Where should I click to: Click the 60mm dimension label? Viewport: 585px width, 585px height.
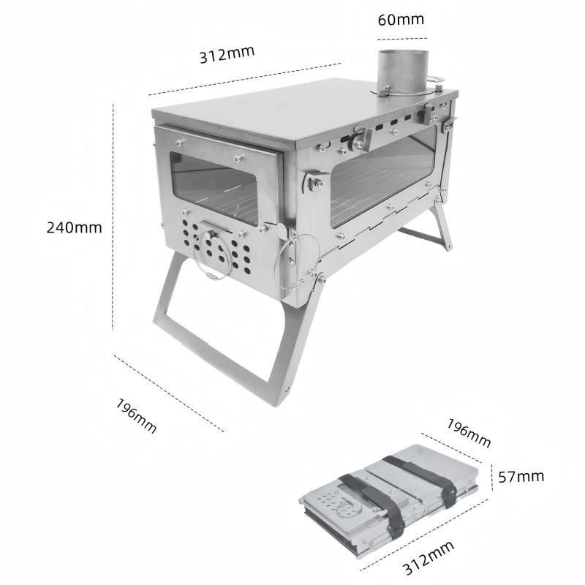click(401, 20)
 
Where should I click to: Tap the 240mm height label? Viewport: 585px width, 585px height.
click(74, 227)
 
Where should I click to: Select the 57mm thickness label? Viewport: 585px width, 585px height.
click(521, 477)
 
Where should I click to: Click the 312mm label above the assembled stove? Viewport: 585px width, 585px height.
click(227, 54)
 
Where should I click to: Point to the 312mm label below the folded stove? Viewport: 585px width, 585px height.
click(429, 558)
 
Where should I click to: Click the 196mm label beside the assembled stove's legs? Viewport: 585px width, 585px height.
click(136, 415)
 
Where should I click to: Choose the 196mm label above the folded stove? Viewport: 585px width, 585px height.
click(469, 433)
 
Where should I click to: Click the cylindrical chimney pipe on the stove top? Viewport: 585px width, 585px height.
click(403, 72)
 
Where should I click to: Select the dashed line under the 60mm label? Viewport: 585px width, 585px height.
click(401, 39)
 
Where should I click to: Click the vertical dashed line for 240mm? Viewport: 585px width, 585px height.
click(113, 216)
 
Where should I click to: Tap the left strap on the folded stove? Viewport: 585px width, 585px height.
click(373, 504)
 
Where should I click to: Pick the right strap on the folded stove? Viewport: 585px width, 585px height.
click(423, 480)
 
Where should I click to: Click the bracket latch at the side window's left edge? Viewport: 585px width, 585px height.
click(314, 181)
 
